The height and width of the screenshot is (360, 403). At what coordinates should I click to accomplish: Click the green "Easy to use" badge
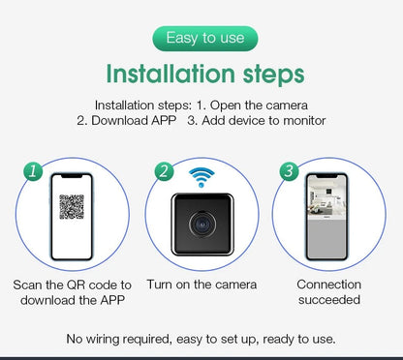tap(205, 39)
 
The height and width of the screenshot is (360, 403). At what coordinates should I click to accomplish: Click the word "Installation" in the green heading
tap(170, 74)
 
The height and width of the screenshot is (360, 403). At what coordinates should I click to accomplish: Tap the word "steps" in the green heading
tap(273, 75)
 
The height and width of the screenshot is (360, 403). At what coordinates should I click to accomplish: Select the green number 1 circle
tap(33, 171)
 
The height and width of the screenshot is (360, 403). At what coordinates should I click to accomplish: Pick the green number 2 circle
tap(164, 171)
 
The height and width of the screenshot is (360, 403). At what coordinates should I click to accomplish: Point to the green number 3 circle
tap(289, 171)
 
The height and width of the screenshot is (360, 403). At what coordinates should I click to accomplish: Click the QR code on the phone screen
tap(72, 207)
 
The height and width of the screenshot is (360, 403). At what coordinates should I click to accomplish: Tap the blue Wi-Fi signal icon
tap(201, 177)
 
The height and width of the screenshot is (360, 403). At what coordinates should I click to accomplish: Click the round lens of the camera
tap(202, 224)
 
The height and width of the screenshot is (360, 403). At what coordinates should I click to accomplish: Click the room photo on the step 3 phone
tap(326, 198)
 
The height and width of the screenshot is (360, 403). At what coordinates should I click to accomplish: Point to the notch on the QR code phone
tap(72, 176)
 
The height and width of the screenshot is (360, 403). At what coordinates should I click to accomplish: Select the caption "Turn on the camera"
tap(201, 285)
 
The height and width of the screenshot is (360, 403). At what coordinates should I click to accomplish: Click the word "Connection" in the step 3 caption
tap(329, 285)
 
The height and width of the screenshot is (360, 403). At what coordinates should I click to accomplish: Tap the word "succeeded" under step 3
tap(329, 300)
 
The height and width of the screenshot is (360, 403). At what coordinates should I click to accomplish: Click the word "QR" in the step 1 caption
tap(76, 285)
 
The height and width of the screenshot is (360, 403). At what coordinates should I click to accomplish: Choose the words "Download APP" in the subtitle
tap(134, 121)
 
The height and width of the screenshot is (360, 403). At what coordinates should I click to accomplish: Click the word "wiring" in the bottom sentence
tap(103, 340)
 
